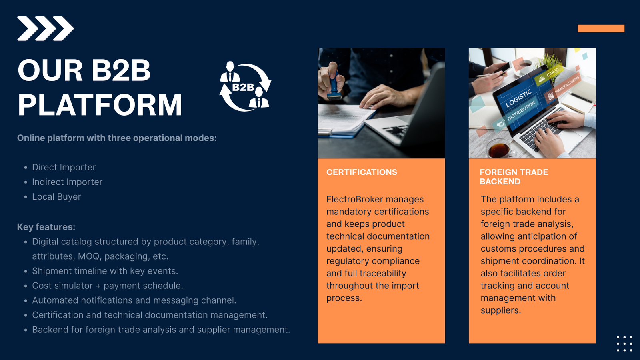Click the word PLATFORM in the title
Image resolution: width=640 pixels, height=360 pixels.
(x=100, y=105)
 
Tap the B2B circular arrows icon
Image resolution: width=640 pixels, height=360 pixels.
(x=245, y=87)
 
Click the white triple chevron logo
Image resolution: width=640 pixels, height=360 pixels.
(x=45, y=28)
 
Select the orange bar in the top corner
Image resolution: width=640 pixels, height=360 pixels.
(x=601, y=28)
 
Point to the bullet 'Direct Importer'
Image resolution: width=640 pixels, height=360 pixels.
(x=64, y=167)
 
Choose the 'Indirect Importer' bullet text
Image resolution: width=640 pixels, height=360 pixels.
(x=67, y=182)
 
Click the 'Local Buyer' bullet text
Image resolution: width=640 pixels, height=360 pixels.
(x=56, y=197)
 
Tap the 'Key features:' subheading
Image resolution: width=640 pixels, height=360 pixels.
(x=46, y=227)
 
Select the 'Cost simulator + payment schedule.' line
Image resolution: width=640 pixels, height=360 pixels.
(x=107, y=286)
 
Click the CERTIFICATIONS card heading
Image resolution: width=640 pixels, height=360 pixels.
(x=362, y=172)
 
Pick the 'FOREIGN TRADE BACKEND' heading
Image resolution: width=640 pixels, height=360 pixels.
(x=514, y=176)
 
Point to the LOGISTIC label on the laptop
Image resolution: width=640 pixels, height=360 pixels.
(x=518, y=98)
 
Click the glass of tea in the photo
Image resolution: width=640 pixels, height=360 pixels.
(x=498, y=150)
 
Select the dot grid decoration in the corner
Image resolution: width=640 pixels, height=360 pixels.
(x=624, y=344)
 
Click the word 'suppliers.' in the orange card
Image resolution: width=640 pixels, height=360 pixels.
(x=500, y=310)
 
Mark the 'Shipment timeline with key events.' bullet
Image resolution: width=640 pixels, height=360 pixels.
(x=105, y=271)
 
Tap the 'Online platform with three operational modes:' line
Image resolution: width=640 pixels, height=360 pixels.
(x=117, y=138)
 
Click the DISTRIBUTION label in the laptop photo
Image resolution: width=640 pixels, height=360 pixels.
(x=521, y=111)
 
